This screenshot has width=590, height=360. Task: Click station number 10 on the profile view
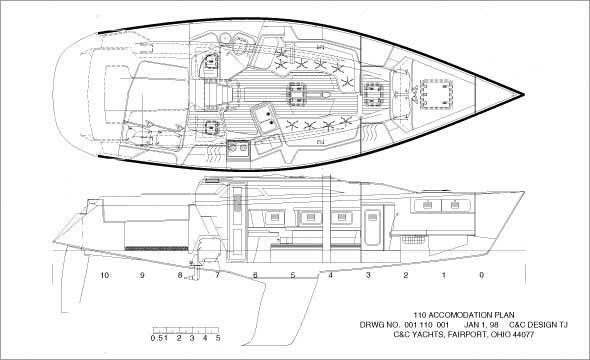pos(103,274)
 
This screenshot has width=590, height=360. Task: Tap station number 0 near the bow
pos(481,274)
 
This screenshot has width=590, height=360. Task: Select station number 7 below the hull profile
pos(217,274)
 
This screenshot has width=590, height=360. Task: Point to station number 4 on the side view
pos(330,274)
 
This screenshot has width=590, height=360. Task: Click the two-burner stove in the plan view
pos(239,149)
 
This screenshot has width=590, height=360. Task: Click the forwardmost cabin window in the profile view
pos(456,204)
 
